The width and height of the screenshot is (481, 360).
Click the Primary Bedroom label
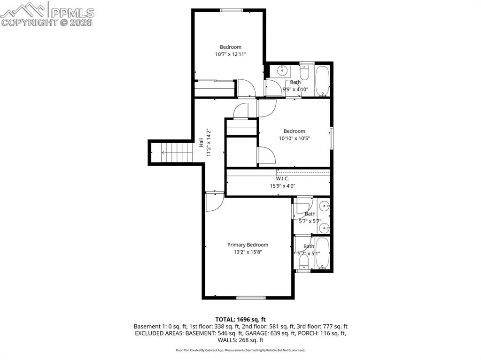tap(248, 245)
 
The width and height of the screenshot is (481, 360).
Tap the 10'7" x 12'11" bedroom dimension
tap(231, 54)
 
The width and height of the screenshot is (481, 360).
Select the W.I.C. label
tap(282, 178)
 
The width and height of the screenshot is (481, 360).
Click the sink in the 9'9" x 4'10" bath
tap(282, 71)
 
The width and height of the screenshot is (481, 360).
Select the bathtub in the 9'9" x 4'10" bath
tap(322, 81)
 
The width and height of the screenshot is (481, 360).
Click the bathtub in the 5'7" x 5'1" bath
tap(322, 253)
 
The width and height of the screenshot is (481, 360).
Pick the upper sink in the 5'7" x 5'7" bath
tap(325, 206)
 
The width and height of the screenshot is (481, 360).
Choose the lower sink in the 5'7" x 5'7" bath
tap(325, 228)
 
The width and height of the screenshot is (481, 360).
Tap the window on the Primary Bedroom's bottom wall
tap(251, 298)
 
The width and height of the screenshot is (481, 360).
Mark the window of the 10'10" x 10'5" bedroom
tap(332, 137)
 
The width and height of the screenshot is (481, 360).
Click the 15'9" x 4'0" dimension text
tap(282, 186)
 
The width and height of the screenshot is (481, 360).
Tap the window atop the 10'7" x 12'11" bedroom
tap(232, 10)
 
